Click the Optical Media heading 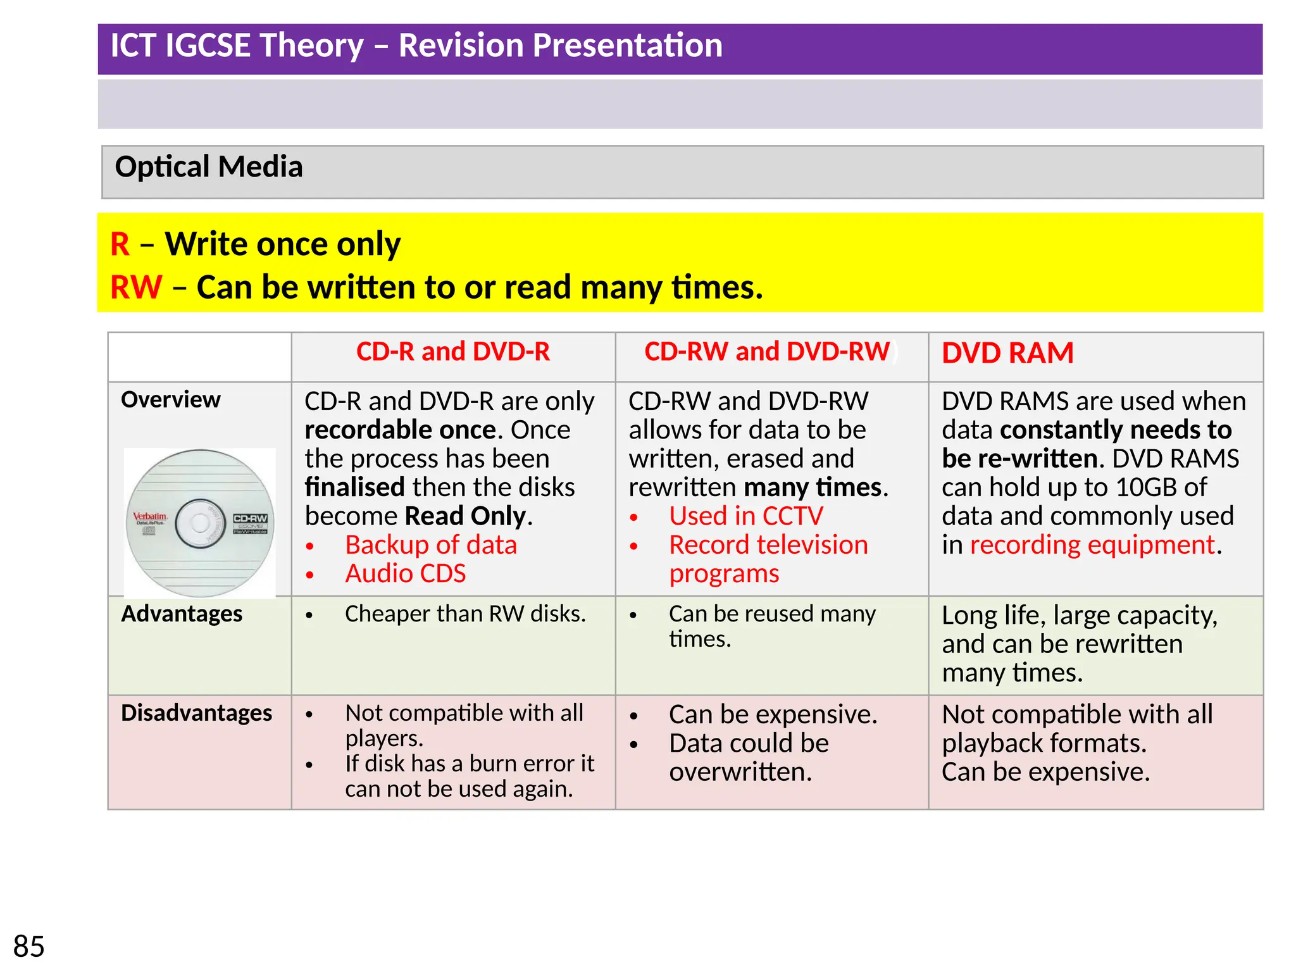coord(209,167)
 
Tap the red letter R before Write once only coord(120,244)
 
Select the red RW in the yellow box coord(136,287)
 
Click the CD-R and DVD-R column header coord(453,352)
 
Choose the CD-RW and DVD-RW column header coord(767,352)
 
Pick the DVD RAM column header coord(1007,353)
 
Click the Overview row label coord(171,400)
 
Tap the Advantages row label coord(182,614)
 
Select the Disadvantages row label coord(196,713)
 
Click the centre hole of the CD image coord(200,523)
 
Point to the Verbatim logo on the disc coord(150,517)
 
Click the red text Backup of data coord(431,545)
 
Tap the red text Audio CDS coord(406,574)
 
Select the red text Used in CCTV coord(746,516)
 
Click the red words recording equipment coord(1092,545)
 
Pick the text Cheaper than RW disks coord(465,614)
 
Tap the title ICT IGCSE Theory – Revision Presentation coord(416,46)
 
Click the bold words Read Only coord(465,516)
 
